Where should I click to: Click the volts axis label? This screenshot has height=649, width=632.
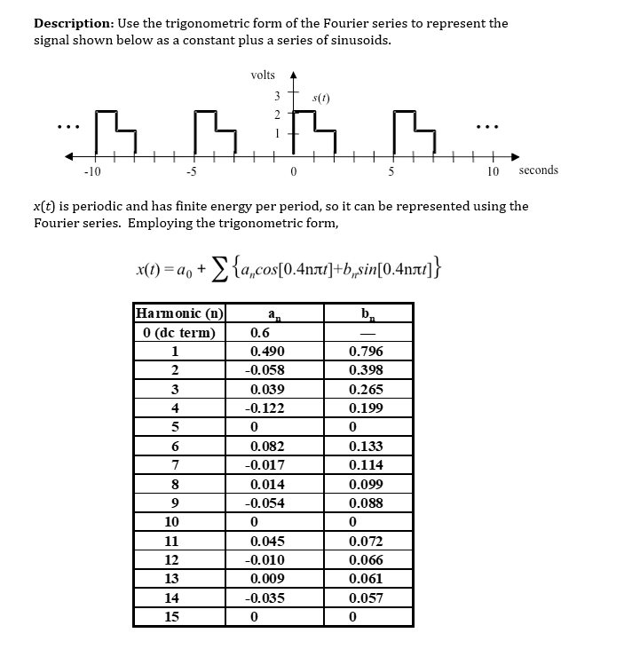(263, 75)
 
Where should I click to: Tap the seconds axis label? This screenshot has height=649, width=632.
(539, 170)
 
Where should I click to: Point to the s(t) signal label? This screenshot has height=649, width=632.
(324, 95)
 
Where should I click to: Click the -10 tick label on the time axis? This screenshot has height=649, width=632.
(91, 171)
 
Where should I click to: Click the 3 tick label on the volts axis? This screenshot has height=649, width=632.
(277, 96)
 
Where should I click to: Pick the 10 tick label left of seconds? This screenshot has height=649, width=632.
(493, 171)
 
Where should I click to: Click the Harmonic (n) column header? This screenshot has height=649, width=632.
(179, 313)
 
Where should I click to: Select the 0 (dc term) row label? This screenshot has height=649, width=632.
(179, 333)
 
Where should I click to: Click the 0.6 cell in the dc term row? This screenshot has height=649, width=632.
(260, 333)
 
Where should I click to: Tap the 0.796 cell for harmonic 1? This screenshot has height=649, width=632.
(366, 352)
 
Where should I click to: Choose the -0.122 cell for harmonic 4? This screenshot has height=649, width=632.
(266, 408)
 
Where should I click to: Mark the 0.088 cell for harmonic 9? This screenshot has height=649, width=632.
(366, 503)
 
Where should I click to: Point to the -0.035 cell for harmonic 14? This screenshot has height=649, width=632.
(266, 598)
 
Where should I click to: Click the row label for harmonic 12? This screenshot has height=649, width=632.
(172, 560)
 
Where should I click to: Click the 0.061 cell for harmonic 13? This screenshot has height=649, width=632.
(366, 579)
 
